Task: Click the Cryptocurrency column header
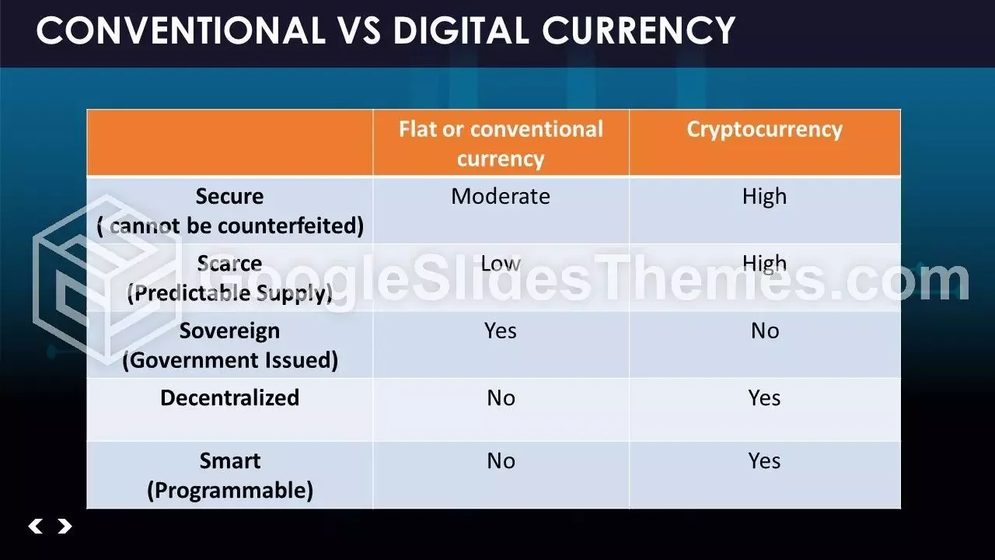764,129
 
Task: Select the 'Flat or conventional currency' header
501,144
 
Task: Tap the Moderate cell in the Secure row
501,196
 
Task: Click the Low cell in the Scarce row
501,263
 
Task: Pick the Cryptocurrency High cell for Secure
764,196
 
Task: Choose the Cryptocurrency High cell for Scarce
764,263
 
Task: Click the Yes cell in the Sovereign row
501,331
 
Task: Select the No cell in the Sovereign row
764,331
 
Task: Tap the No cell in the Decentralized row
501,398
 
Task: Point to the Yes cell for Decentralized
764,398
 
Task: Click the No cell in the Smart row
501,461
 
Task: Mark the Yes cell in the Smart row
764,461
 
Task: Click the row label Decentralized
229,398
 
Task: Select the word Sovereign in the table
229,331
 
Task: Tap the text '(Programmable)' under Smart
229,491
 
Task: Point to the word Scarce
229,263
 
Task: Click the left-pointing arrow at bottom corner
35,527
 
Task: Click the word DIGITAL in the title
462,31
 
